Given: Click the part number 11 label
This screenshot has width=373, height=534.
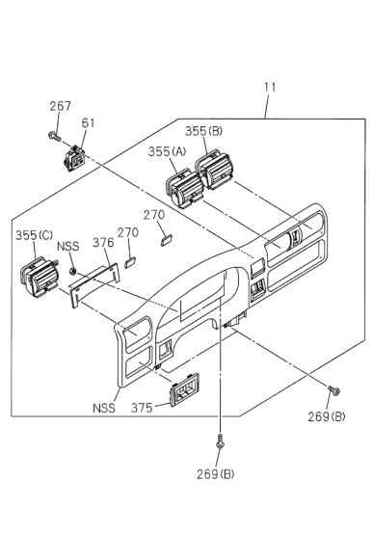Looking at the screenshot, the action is [270, 87].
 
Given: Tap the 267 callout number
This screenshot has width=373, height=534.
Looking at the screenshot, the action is [61, 106].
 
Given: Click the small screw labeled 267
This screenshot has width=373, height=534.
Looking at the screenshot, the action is [55, 136].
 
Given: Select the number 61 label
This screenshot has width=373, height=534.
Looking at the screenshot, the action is [88, 122].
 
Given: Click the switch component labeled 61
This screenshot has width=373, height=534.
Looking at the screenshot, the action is [75, 158].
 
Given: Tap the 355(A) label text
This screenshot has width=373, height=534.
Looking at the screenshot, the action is [167, 151].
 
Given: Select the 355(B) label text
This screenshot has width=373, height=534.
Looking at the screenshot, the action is [203, 131].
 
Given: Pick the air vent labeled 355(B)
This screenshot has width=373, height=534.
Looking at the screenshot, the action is [214, 170].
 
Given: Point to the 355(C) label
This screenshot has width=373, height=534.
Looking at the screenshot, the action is [34, 235].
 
